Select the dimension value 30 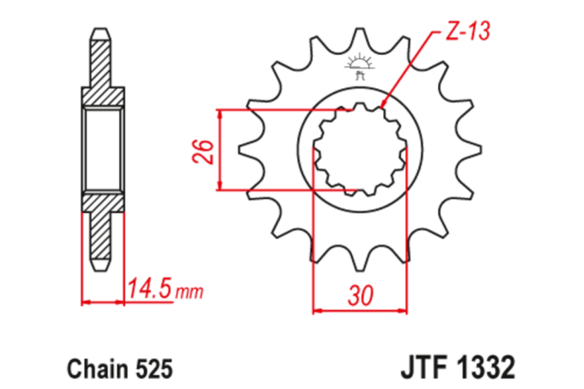click(360, 296)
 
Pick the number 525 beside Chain click(152, 366)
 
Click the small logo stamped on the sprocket click(360, 67)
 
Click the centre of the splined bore click(360, 150)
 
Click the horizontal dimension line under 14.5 click(124, 302)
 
